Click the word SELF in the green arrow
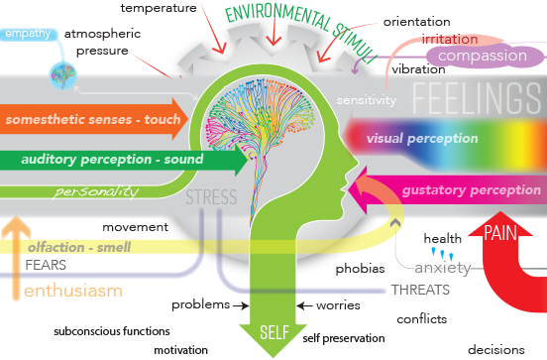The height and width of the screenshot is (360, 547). pos(274,332)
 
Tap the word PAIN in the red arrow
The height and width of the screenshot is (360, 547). pos(500,232)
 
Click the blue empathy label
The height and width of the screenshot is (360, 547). pos(28,34)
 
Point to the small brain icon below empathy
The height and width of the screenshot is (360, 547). pos(62,75)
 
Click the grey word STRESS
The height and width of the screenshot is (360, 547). pos(211,197)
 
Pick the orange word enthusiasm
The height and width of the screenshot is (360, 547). pos(73,291)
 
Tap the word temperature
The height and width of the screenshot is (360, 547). pos(159,8)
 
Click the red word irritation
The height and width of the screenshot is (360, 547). pos(450,39)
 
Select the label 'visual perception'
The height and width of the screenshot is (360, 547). pos(422,139)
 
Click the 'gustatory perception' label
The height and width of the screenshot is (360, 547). pos(472,190)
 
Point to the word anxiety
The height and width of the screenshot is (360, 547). pos(443,268)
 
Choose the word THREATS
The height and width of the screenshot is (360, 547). pos(420,290)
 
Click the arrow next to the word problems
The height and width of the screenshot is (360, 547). pos(241,306)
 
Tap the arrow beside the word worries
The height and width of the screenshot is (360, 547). pos(304,306)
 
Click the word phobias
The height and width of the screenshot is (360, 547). pos(360,269)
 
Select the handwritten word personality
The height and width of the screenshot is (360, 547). pos(96,191)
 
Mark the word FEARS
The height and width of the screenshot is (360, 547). pos(46,265)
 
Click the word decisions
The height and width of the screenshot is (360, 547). pos(496,350)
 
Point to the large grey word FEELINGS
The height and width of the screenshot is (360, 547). pos(477,98)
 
